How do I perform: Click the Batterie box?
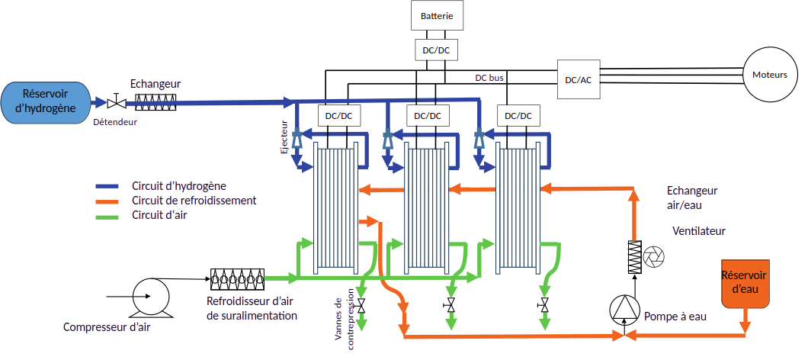tap(438, 15)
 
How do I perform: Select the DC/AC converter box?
tap(578, 79)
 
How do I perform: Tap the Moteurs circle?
tap(770, 75)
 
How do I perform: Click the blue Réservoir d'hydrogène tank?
tap(45, 102)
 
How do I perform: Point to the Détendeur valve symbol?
tap(117, 102)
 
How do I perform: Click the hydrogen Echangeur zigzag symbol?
tap(156, 102)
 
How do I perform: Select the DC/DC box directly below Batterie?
tap(437, 51)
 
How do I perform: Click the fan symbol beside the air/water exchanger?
tap(654, 257)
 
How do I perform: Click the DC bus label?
tap(489, 78)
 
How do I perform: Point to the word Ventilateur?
tap(699, 231)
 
